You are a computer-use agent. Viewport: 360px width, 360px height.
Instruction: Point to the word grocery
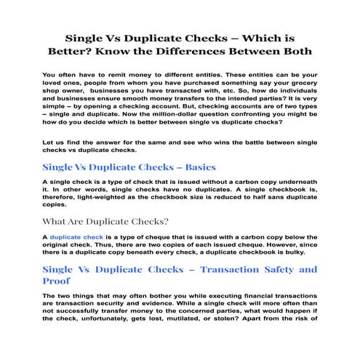coord(300,86)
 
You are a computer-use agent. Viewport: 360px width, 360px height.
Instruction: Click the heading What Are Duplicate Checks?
coord(106,222)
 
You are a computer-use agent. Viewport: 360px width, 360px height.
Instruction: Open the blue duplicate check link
coord(76,237)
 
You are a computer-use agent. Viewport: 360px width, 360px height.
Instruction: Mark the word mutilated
coord(211,318)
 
